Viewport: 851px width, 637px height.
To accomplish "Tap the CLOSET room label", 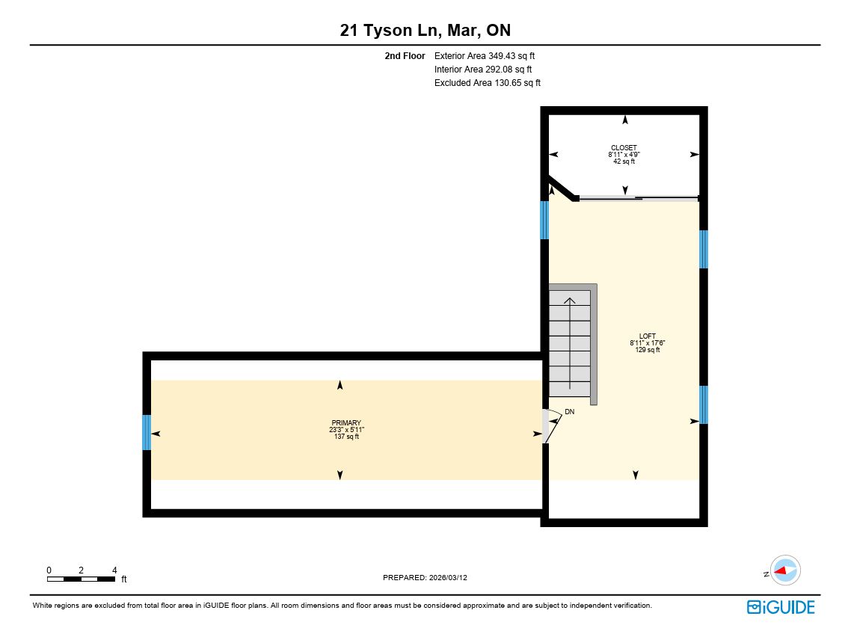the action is [x=624, y=147].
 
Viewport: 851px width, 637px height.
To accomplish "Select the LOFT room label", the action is [x=647, y=336].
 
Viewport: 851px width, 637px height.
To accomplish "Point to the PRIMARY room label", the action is [x=346, y=422].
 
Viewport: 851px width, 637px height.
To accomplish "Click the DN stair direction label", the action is [x=569, y=412].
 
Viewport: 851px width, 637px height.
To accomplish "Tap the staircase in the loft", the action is [x=573, y=344].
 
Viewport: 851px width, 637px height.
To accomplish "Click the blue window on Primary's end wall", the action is [x=147, y=432].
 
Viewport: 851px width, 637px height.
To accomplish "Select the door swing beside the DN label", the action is [x=552, y=426].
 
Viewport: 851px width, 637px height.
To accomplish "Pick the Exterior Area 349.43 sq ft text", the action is [x=485, y=56].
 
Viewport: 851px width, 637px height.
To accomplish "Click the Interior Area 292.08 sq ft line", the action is [x=483, y=70].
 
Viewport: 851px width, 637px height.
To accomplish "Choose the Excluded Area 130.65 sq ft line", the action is [x=488, y=83].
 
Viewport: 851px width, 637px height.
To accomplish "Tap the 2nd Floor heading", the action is [x=405, y=56].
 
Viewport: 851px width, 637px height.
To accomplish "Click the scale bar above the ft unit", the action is [x=81, y=579].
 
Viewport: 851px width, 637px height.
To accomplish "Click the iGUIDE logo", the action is [x=781, y=606].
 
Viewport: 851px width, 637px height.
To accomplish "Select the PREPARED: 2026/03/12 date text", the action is [x=425, y=577].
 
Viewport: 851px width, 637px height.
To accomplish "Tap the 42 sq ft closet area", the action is [x=624, y=161].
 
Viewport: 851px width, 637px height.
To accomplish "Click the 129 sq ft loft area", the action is [x=648, y=350].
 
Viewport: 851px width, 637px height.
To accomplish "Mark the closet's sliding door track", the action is [x=639, y=199].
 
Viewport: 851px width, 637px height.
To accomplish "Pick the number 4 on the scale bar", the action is [x=114, y=570].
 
